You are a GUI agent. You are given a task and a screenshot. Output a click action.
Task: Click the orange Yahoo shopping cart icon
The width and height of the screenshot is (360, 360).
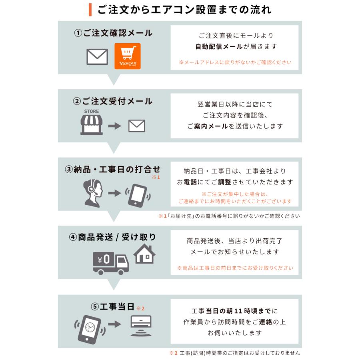click(x=128, y=56)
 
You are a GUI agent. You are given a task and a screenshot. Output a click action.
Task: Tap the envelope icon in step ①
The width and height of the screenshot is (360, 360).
click(x=97, y=56)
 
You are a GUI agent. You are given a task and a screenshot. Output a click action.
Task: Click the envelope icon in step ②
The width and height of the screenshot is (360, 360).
click(x=136, y=126)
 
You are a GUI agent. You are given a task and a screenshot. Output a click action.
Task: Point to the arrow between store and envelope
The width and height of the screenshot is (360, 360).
click(x=114, y=126)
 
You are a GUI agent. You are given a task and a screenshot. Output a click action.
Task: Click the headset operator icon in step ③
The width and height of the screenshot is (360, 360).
click(x=93, y=192)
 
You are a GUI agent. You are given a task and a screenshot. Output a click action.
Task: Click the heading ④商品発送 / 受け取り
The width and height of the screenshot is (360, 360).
click(x=112, y=237)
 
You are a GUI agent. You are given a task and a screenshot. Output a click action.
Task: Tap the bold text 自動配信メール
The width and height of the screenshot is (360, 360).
click(x=219, y=46)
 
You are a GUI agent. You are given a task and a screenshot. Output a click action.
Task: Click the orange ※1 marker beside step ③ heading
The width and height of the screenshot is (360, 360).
click(x=156, y=177)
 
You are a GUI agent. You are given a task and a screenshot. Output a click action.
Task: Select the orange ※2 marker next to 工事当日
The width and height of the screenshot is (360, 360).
click(x=140, y=308)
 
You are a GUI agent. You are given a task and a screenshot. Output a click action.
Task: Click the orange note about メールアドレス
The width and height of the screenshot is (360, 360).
click(x=235, y=62)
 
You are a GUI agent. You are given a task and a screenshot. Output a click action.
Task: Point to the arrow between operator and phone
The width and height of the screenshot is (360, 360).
click(x=114, y=193)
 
